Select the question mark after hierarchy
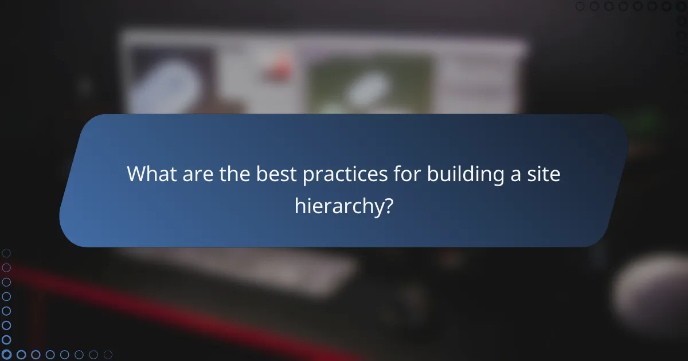(x=388, y=205)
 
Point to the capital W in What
(x=136, y=174)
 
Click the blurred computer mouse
(x=651, y=292)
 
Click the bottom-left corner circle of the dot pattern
(x=7, y=355)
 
